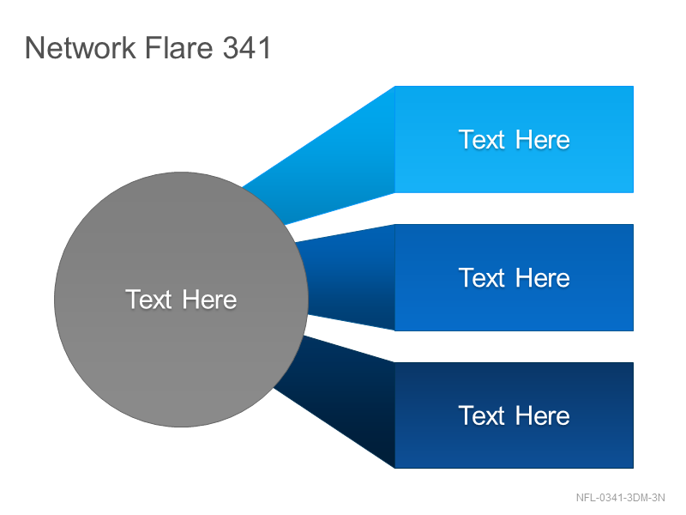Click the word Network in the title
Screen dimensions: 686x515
point(81,47)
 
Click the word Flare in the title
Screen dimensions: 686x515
point(178,47)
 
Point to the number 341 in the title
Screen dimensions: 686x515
point(247,47)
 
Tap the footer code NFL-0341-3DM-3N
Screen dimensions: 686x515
point(620,498)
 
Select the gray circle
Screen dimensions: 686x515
point(181,300)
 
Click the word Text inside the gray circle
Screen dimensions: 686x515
point(148,300)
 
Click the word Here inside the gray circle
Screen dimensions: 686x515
point(209,300)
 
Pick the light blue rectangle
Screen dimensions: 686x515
point(514,139)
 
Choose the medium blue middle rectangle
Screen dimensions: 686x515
point(514,277)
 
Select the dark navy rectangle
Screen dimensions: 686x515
point(514,415)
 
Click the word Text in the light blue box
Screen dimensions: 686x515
point(482,140)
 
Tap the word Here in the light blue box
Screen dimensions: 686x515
point(543,140)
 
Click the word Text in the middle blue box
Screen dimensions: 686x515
point(482,277)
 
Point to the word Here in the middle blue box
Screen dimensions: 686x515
point(543,277)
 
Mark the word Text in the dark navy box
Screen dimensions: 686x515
point(482,415)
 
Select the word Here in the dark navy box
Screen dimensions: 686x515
point(543,415)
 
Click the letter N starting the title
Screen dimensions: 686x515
point(33,47)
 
